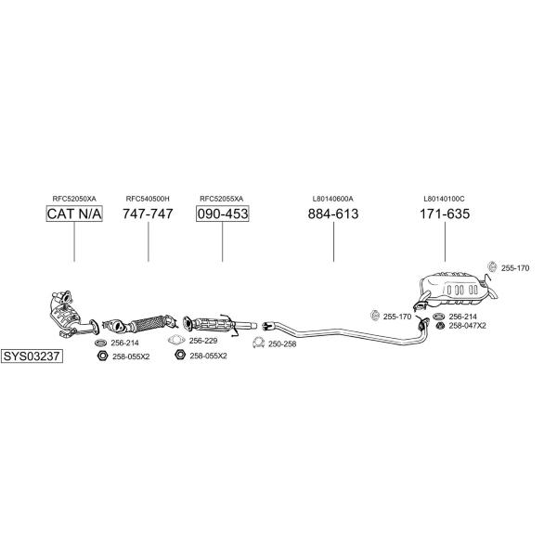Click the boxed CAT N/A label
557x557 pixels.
click(74, 214)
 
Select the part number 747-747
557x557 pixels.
click(148, 214)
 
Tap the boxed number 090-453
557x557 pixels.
click(223, 214)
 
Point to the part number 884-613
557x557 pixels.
click(333, 214)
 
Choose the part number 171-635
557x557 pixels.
click(445, 214)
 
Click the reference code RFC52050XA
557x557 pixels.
click(74, 199)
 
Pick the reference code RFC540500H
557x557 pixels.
click(148, 199)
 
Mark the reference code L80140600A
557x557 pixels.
click(333, 199)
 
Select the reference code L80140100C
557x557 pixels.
click(444, 199)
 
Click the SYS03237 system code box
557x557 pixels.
click(32, 356)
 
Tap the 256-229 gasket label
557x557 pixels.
click(203, 341)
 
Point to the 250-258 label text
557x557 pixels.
click(282, 343)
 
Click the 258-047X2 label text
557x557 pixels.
click(468, 326)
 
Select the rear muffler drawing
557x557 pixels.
click(457, 290)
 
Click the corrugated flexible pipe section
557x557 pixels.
click(148, 323)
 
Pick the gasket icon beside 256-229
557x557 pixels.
click(176, 341)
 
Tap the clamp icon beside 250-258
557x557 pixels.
click(259, 343)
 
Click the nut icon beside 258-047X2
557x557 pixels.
click(440, 326)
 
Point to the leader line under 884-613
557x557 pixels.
click(333, 241)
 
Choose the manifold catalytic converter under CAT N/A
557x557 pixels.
click(71, 315)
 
